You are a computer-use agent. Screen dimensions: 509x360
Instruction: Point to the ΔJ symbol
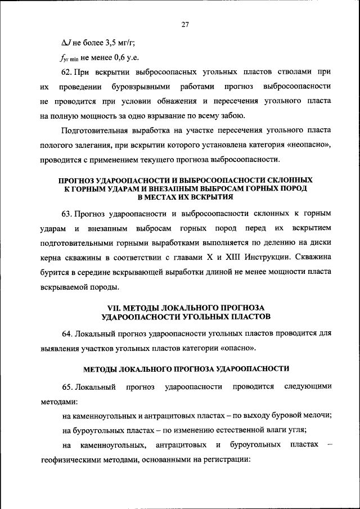point(66,42)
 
